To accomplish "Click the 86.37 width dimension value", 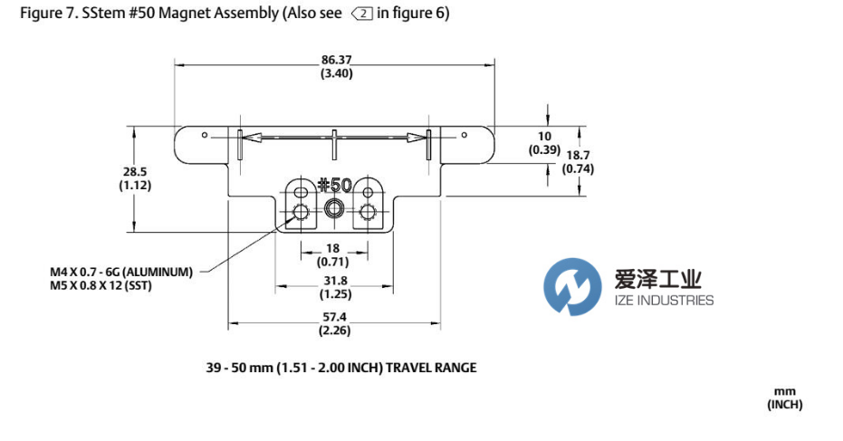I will (336, 60).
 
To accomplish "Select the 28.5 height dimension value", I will (134, 171).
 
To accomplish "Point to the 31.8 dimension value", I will (336, 281).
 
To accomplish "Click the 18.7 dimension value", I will (578, 156).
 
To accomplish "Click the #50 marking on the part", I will (335, 185).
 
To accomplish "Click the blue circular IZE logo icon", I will (572, 286).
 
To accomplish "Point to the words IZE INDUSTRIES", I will (663, 302).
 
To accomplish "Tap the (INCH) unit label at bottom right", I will (784, 405).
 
